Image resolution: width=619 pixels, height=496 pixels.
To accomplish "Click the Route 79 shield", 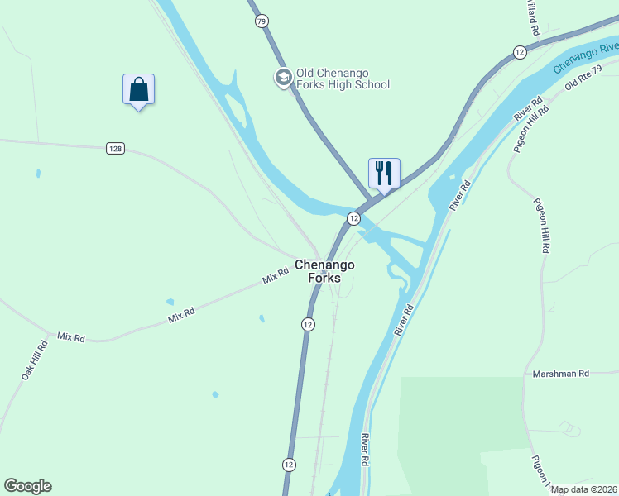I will coord(262,21).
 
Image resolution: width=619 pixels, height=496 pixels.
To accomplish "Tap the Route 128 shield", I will coord(115,148).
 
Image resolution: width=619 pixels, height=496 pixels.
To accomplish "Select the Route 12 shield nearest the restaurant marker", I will coord(353,218).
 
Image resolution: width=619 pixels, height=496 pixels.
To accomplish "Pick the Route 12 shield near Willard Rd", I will coord(520,52).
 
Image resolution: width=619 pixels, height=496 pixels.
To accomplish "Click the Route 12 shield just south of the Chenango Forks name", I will coord(308,324).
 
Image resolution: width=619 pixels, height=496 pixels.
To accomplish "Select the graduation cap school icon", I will coord(283,77).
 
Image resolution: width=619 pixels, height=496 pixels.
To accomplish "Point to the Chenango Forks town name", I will coord(325,271).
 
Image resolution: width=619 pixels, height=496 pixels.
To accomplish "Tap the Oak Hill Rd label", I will coord(35,360).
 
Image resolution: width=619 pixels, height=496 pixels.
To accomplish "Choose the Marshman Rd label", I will coord(560,374).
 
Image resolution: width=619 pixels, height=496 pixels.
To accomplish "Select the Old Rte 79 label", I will coord(590,75).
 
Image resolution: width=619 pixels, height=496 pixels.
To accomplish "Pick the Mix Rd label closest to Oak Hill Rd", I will coord(71,337).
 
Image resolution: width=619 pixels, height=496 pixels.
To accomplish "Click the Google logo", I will coord(27,486).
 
